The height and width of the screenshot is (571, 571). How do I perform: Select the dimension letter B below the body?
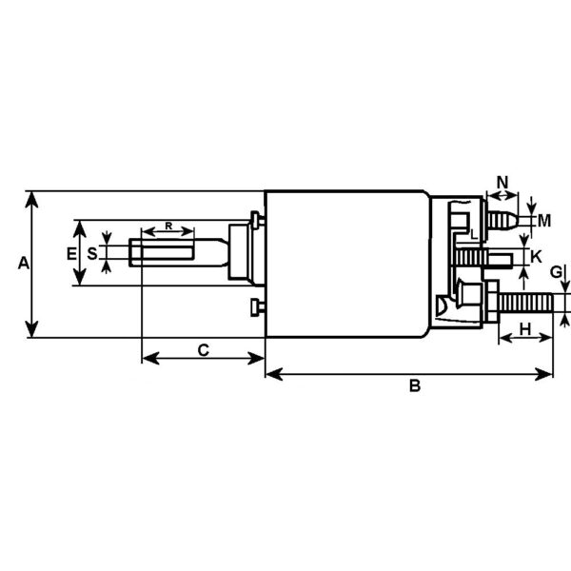413,385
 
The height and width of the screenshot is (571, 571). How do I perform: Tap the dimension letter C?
203,349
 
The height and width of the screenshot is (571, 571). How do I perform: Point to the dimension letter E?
70,253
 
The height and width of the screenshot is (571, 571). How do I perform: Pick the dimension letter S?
92,253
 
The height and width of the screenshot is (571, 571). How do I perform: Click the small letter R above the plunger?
168,226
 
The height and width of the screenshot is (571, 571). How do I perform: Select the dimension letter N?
502,181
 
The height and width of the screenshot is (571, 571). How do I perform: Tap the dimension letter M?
543,221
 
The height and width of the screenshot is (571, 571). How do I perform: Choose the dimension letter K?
536,256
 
